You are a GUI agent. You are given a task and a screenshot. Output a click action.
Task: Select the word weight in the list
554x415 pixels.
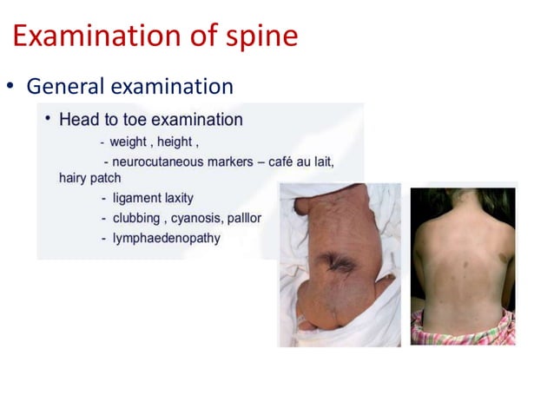(127, 142)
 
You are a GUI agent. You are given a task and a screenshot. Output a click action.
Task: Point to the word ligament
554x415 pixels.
(138, 198)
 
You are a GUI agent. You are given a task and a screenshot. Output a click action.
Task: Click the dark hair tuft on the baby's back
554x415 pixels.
(339, 259)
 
